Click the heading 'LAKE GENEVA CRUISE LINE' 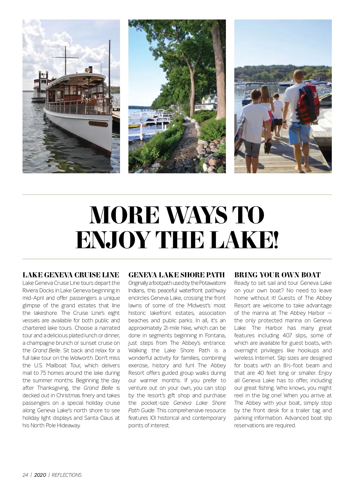(x=71, y=275)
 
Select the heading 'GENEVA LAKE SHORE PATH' (x=176, y=275)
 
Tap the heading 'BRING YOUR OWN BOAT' (x=277, y=275)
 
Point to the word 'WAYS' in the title (x=196, y=215)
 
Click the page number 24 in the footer (x=25, y=475)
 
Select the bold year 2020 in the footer (x=40, y=475)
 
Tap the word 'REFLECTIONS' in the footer (x=67, y=475)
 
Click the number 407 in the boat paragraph (x=289, y=335)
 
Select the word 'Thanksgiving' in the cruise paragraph (x=53, y=388)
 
